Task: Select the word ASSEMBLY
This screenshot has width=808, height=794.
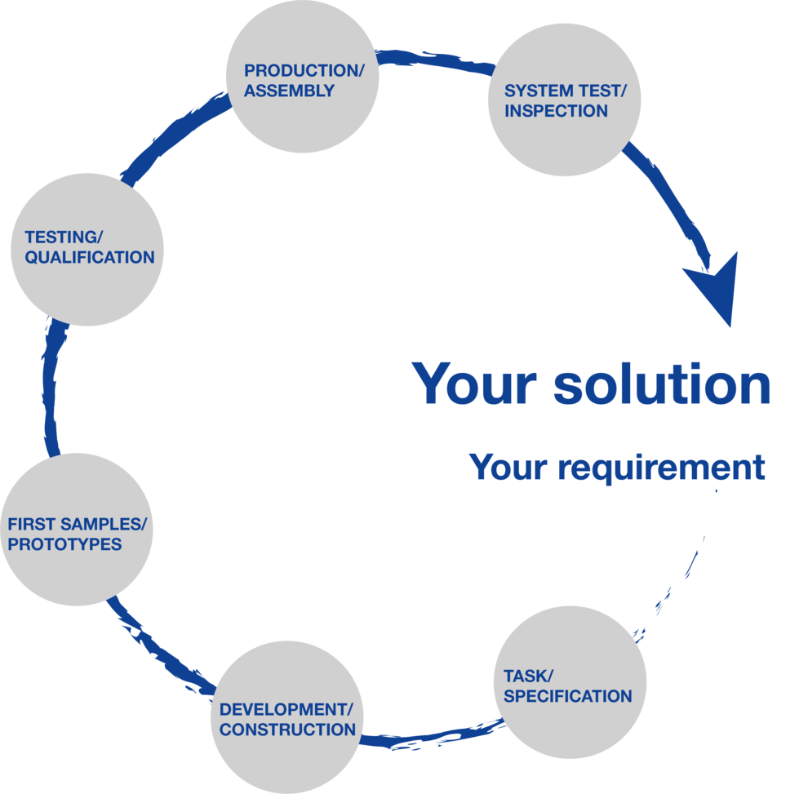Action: point(289,91)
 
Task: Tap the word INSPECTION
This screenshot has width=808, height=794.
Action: point(556,112)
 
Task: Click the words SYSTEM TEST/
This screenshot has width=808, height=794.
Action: point(565,91)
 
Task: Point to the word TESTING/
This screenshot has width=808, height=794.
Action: point(64,237)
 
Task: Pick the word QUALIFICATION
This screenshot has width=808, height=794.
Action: point(90,258)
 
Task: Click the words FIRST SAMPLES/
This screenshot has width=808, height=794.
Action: point(77,524)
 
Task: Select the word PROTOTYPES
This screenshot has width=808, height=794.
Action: point(64,544)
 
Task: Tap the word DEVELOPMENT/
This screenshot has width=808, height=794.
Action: point(289,709)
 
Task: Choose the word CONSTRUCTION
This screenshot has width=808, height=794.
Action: point(287,730)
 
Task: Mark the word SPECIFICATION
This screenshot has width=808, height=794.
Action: point(568,696)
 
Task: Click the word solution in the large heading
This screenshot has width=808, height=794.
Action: point(662,384)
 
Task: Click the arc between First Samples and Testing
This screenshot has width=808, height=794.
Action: point(49,388)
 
